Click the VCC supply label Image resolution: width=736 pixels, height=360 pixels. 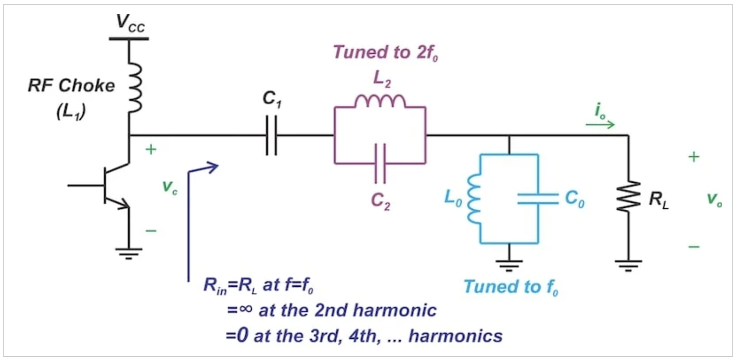130,24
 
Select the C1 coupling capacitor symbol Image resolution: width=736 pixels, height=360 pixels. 272,135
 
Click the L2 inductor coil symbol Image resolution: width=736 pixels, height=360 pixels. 380,101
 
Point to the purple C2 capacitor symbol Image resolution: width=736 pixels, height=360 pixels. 380,163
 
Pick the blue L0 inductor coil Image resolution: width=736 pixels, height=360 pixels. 474,199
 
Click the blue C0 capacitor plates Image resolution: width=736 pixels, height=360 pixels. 538,199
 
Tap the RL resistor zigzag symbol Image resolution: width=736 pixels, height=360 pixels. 628,196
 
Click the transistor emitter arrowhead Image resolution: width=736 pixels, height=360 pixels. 124,204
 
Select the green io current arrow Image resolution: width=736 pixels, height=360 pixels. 600,125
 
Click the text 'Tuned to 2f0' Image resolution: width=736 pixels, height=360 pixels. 386,52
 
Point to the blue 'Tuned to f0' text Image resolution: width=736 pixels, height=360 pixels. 511,287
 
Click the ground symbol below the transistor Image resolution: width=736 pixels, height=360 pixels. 129,254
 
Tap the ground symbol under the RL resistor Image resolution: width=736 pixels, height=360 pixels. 628,266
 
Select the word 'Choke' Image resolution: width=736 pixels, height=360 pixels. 87,86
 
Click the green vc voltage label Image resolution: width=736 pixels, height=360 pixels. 170,187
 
